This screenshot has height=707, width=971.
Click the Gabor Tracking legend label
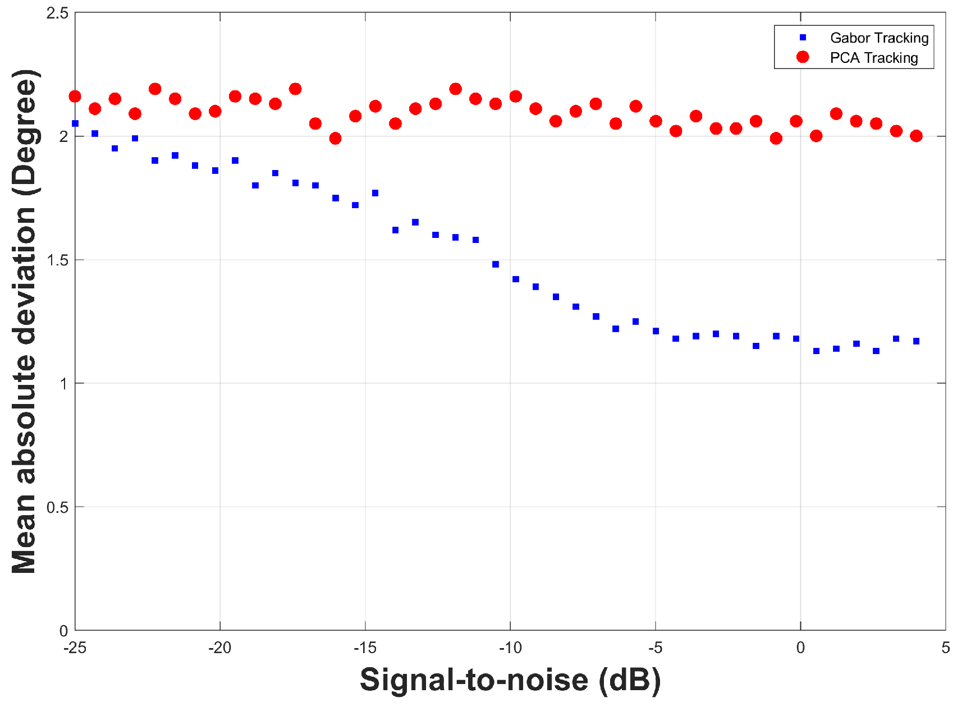879,38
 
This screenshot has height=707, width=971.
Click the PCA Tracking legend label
873,58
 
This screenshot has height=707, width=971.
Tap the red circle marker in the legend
803,57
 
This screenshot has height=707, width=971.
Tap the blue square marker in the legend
803,38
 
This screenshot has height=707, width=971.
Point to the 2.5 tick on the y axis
57,13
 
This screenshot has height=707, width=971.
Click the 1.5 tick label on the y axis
57,260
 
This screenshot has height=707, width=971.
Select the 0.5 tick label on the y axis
57,507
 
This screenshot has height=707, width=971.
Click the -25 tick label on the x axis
75,648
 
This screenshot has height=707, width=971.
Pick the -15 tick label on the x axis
365,648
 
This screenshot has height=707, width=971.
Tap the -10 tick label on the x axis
510,648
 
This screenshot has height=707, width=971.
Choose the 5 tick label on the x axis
946,648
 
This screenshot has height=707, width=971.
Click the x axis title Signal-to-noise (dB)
510,680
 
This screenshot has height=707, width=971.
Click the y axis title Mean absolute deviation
25,322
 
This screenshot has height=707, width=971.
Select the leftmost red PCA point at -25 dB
75,97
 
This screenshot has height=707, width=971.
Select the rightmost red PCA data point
917,136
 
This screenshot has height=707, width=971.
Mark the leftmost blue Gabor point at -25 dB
75,123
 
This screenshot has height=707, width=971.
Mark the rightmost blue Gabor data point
917,341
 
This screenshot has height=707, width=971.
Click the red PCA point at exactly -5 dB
656,121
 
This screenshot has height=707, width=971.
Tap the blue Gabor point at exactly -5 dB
656,331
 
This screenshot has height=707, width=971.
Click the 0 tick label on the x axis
800,648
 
